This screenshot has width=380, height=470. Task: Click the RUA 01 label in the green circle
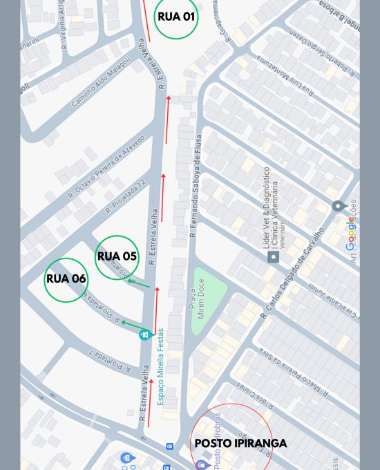175,17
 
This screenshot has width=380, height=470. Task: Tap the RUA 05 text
117,256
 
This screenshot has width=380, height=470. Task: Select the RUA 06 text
66,279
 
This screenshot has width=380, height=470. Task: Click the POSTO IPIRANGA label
240,443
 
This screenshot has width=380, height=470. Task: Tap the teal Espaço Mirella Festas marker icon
145,335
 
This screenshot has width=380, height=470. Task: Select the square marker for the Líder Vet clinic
274,256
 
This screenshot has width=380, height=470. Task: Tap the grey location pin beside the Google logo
338,207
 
